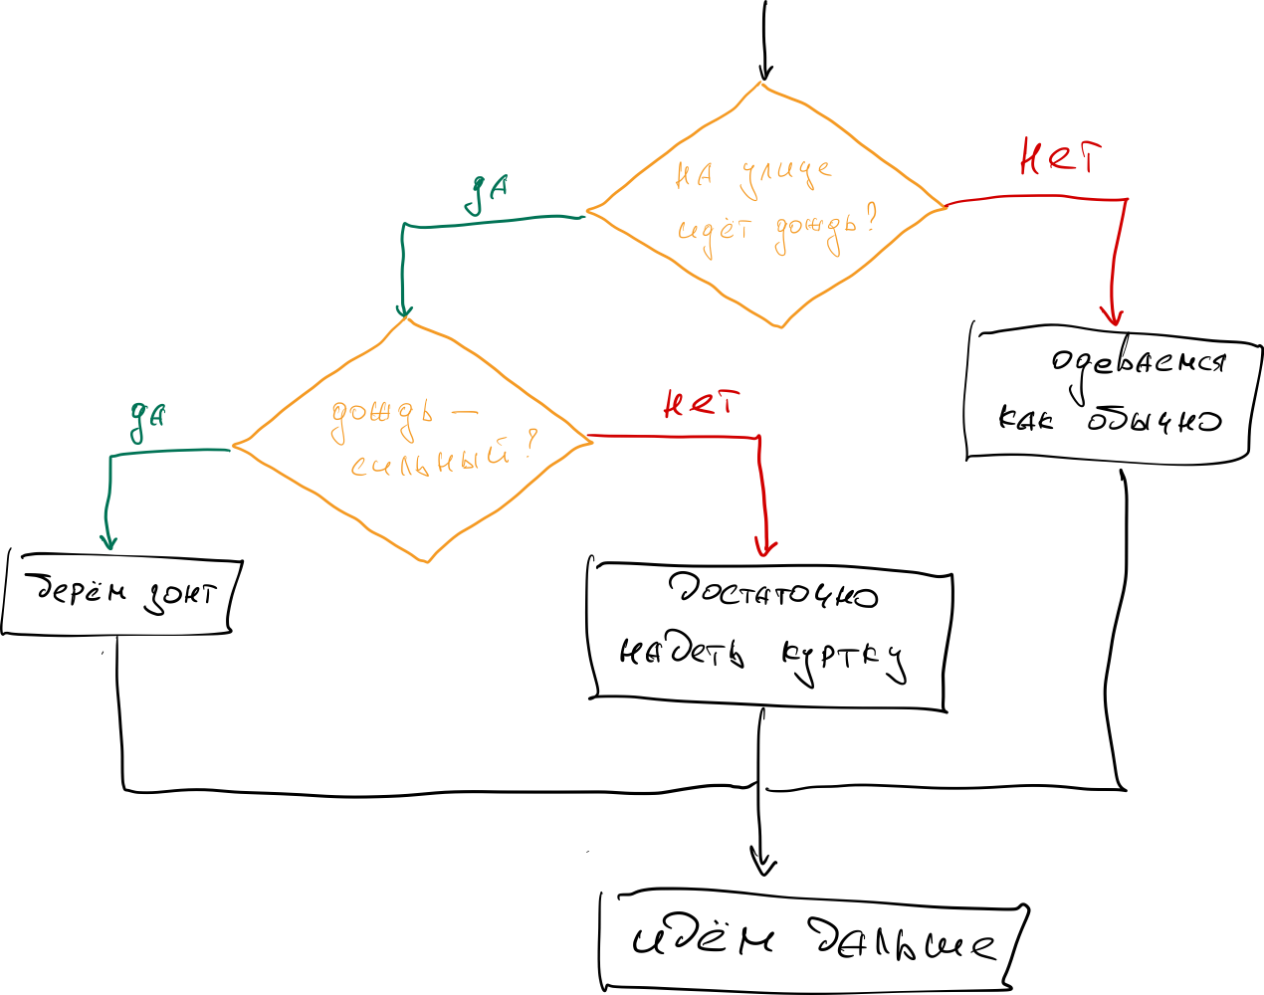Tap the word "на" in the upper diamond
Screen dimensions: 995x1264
[x=694, y=176]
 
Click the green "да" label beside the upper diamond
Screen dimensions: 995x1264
[x=488, y=194]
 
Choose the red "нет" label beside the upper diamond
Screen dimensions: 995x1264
[x=1061, y=158]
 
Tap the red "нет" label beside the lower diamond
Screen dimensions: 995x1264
[x=702, y=404]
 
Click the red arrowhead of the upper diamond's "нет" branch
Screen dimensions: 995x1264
[x=1112, y=317]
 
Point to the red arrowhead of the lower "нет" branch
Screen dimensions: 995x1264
[x=764, y=548]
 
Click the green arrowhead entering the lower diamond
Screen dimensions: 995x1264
[x=403, y=310]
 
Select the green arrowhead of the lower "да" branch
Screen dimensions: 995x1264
[x=108, y=541]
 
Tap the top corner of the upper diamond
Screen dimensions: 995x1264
[x=761, y=84]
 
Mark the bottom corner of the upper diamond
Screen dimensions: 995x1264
[x=781, y=326]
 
